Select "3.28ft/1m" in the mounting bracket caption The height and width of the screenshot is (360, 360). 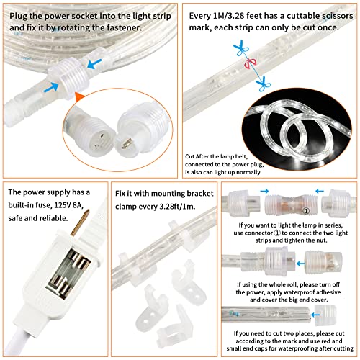pyautogui.click(x=162, y=207)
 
